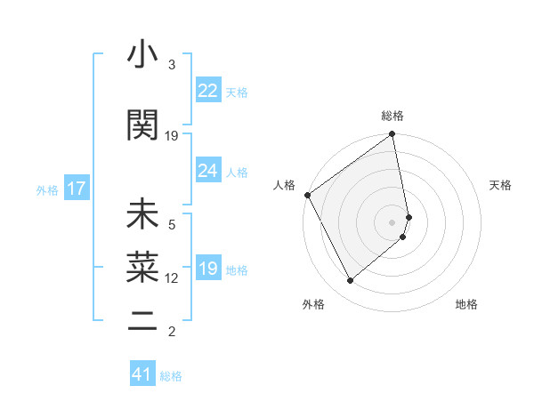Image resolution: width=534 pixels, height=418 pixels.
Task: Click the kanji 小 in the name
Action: click(x=143, y=56)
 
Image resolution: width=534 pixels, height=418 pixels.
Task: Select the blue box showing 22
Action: click(x=208, y=90)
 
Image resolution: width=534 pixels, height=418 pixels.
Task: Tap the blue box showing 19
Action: click(x=208, y=269)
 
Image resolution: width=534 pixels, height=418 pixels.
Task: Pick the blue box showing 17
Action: click(x=76, y=189)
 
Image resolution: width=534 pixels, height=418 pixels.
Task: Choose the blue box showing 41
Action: click(x=142, y=374)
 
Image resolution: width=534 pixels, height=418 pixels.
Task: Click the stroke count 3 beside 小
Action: click(x=172, y=65)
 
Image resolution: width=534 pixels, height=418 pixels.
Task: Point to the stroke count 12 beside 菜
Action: click(x=172, y=278)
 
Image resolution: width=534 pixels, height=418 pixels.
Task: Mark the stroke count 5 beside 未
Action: click(x=172, y=224)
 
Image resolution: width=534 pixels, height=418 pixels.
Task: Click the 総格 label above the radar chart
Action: click(x=392, y=116)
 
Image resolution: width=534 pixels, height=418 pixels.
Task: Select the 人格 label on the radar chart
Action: click(x=284, y=185)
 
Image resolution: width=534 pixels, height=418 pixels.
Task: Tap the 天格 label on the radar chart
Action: click(x=500, y=185)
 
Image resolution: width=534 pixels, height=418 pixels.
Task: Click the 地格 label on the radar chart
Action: click(x=466, y=304)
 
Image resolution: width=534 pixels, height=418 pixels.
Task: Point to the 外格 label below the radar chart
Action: click(x=313, y=304)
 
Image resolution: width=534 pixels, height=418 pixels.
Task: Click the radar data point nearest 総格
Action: click(x=392, y=135)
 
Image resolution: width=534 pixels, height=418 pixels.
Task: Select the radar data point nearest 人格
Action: click(x=307, y=195)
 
